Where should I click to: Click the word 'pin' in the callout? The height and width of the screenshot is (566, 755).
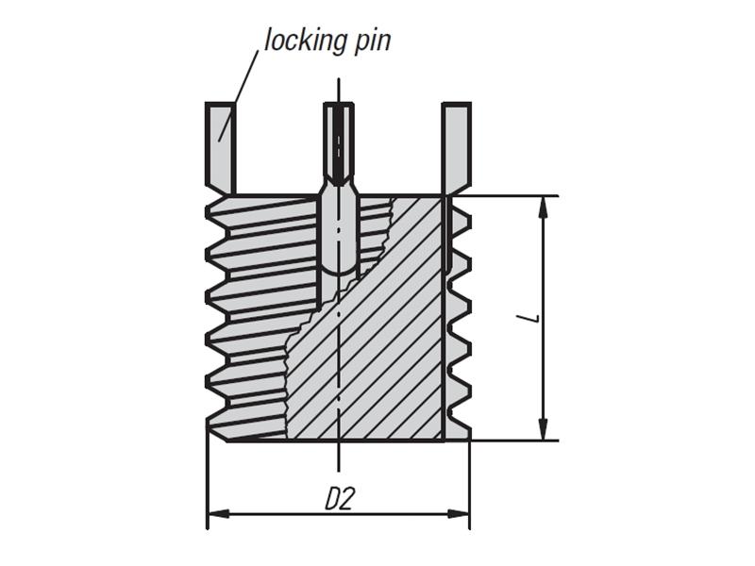coord(370,41)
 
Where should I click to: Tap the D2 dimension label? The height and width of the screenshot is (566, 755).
coord(339,497)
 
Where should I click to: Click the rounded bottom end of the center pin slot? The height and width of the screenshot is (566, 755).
coord(339,268)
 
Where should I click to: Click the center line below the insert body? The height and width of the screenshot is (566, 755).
coord(339,458)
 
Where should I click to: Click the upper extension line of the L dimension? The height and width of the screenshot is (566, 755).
coord(510,196)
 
